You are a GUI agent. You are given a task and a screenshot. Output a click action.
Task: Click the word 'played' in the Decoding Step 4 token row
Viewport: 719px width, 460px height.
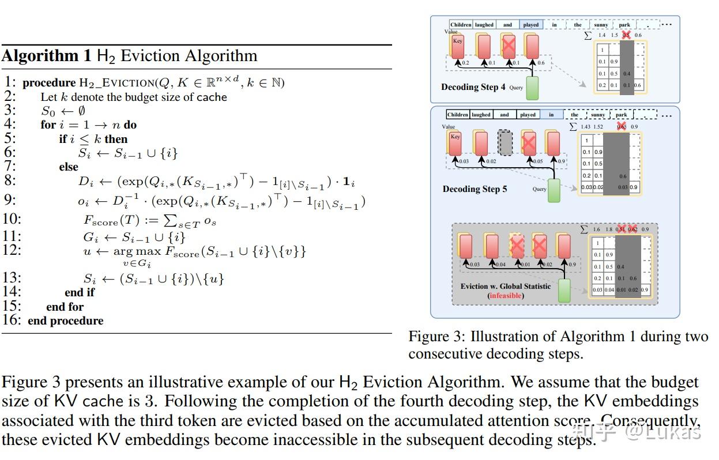pos(531,25)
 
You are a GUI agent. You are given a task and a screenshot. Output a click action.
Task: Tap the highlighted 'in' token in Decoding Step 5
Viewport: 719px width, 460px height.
pos(551,115)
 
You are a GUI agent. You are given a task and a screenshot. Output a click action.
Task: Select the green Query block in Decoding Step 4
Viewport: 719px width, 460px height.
pos(533,88)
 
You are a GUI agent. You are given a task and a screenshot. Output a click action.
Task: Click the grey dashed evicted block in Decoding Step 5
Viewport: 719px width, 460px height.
pos(505,143)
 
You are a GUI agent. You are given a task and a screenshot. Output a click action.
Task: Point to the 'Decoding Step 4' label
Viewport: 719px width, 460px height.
pos(473,88)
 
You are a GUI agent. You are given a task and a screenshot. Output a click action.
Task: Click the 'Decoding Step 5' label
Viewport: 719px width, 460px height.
pos(475,189)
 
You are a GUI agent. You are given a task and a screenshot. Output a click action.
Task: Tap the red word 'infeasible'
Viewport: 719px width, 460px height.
pos(506,296)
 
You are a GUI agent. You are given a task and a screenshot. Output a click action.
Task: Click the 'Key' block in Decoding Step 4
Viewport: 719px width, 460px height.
pos(458,46)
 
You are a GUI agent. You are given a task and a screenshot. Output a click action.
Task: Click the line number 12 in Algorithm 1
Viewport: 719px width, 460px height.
pos(12,250)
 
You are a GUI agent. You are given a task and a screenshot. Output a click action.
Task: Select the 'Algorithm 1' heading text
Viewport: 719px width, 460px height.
pos(46,56)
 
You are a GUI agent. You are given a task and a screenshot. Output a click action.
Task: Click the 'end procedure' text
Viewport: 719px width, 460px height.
pos(65,321)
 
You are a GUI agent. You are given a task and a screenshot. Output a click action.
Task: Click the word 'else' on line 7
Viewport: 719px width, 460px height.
pos(68,167)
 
